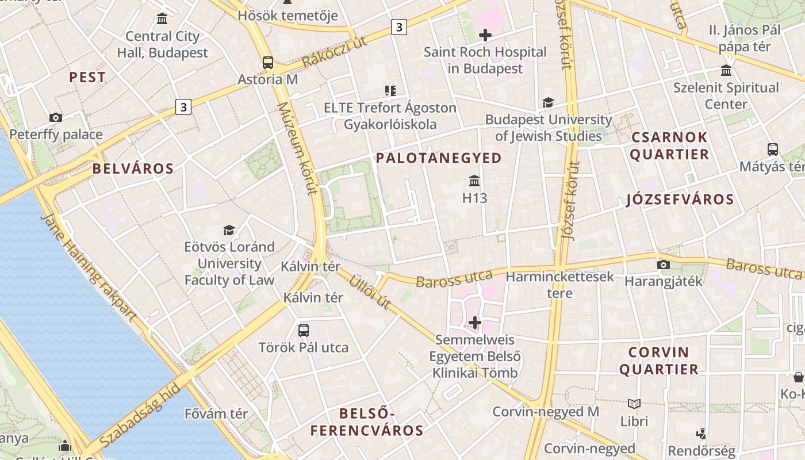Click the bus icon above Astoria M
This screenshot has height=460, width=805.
pyautogui.click(x=268, y=63)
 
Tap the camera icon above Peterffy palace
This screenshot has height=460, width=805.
pyautogui.click(x=56, y=118)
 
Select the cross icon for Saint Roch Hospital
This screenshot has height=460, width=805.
pyautogui.click(x=485, y=35)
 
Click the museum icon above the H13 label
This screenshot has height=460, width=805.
pyautogui.click(x=474, y=182)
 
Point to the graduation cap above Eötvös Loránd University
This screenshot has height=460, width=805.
pyautogui.click(x=229, y=231)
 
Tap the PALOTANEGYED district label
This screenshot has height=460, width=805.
pyautogui.click(x=439, y=158)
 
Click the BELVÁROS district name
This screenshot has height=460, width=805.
pyautogui.click(x=133, y=168)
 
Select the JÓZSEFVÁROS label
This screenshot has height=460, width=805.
pyautogui.click(x=680, y=200)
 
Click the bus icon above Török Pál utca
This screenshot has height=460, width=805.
pyautogui.click(x=304, y=331)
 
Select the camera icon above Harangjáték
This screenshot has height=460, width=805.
pyautogui.click(x=664, y=265)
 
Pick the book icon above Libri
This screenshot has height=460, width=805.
pyautogui.click(x=634, y=404)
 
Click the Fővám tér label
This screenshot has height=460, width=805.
pyautogui.click(x=216, y=413)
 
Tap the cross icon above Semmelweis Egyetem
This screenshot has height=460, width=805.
pyautogui.click(x=475, y=323)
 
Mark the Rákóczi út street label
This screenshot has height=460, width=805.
pyautogui.click(x=335, y=53)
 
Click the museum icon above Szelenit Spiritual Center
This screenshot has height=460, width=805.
pyautogui.click(x=726, y=71)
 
